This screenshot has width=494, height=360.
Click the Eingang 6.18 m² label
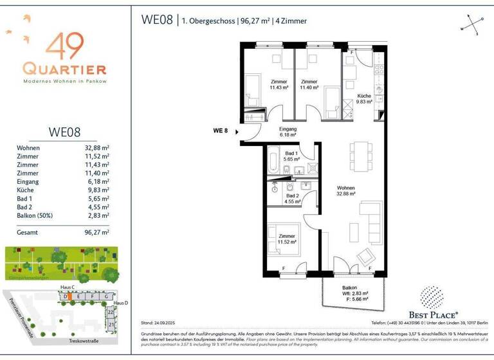[x=288, y=132]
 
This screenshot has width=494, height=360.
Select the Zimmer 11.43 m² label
[x=279, y=84]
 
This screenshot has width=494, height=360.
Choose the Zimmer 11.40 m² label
[x=309, y=84]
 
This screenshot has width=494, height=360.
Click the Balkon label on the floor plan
[x=349, y=288]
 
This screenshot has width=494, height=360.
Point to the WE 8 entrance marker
[x=221, y=130]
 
